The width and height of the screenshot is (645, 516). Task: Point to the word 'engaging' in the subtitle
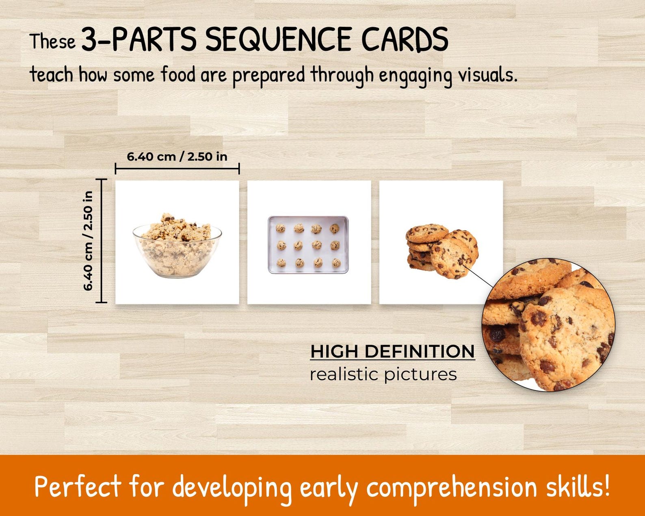[x=416, y=76]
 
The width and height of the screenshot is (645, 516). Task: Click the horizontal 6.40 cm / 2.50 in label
[x=177, y=156]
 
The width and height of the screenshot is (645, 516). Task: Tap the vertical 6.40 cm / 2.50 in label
[x=88, y=241]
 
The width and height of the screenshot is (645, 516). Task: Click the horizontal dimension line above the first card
[x=177, y=168]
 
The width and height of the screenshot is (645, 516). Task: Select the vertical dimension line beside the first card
[x=101, y=241]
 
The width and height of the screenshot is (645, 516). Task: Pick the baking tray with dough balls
[x=308, y=245]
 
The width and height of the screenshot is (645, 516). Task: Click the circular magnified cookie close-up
[x=548, y=325]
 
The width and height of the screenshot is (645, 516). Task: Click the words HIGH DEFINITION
[x=392, y=351]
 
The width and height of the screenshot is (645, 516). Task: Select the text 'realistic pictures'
[x=383, y=374]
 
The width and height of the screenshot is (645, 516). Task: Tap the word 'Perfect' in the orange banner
[x=78, y=486]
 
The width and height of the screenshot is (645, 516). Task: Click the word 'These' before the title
[x=52, y=41]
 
